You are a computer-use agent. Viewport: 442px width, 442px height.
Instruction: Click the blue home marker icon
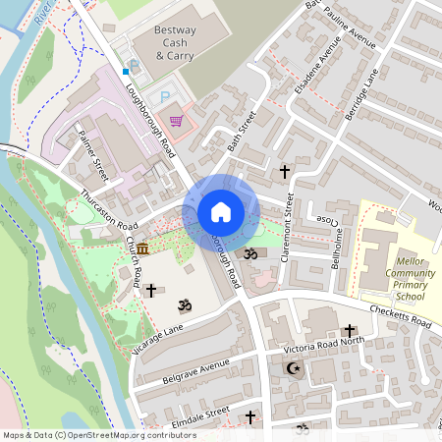221,212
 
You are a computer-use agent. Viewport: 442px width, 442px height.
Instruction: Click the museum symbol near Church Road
142,248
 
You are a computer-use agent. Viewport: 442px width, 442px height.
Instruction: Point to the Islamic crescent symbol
290,368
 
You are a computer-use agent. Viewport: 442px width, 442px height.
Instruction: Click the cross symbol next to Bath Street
285,172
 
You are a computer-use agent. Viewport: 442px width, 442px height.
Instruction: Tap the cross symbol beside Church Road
150,291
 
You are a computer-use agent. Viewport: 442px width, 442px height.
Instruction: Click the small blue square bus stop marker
126,72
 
